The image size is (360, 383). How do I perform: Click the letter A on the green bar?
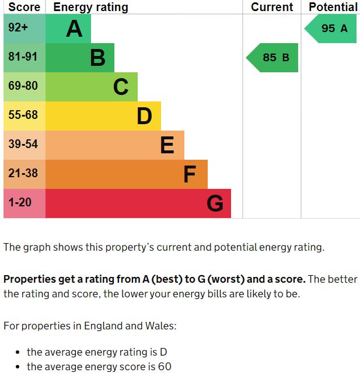(x=74, y=29)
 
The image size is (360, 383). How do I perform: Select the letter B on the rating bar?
(x=97, y=58)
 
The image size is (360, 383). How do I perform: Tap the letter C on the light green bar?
(x=121, y=87)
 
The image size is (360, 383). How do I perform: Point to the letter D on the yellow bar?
(x=144, y=116)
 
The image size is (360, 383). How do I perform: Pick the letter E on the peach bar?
(x=167, y=145)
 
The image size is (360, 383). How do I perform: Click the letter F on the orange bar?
(x=190, y=174)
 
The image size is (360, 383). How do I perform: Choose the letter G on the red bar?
(x=215, y=203)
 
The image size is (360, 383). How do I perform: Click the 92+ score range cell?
(x=18, y=28)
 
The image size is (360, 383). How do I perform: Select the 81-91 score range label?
(x=23, y=57)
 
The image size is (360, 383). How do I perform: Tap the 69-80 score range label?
(x=23, y=86)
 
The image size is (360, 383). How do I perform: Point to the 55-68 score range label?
(x=23, y=115)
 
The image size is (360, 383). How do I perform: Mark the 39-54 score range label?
(x=23, y=145)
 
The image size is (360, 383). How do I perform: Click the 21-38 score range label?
(x=23, y=174)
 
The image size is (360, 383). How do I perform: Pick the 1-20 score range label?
(x=20, y=203)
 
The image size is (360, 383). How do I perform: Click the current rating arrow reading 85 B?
(x=273, y=58)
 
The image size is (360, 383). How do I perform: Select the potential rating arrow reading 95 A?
(x=331, y=29)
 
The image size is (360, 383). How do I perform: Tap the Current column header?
(x=272, y=7)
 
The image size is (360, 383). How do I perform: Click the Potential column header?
(x=333, y=7)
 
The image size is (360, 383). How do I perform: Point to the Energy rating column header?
(x=90, y=7)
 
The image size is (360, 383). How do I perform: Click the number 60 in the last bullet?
(x=164, y=367)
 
